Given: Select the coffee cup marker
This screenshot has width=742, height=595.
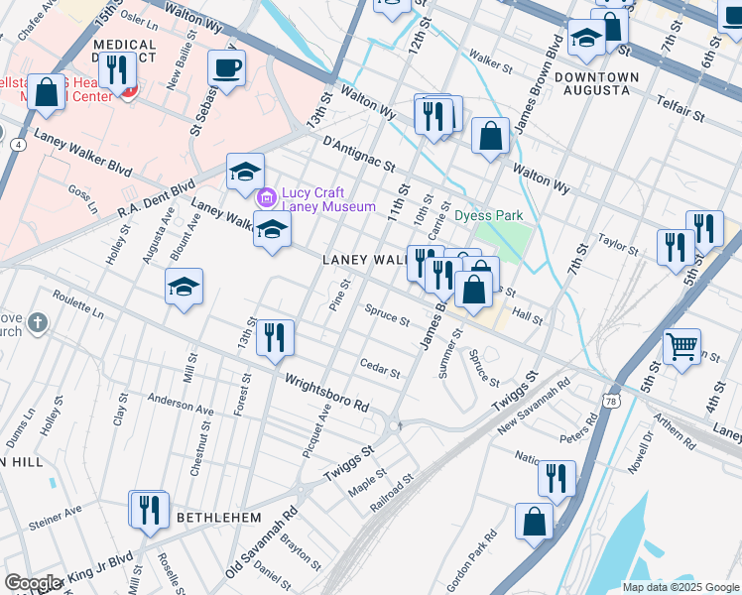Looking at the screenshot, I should [x=227, y=69].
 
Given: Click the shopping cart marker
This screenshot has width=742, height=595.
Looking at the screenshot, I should [x=680, y=348].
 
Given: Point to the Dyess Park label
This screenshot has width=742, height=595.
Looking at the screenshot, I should [x=487, y=214].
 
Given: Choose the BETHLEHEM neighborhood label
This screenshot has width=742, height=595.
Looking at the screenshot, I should [x=218, y=518].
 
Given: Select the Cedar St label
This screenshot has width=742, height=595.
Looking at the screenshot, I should [x=380, y=367].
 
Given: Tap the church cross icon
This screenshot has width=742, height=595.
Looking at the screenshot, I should [x=37, y=322].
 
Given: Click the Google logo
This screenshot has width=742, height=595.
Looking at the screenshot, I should [x=33, y=583].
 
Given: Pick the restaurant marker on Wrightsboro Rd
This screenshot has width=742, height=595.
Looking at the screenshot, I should [x=275, y=337].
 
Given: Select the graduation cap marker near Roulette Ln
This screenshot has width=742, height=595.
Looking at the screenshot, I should [x=184, y=288].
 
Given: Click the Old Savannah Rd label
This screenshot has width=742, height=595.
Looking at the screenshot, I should [x=262, y=541].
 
